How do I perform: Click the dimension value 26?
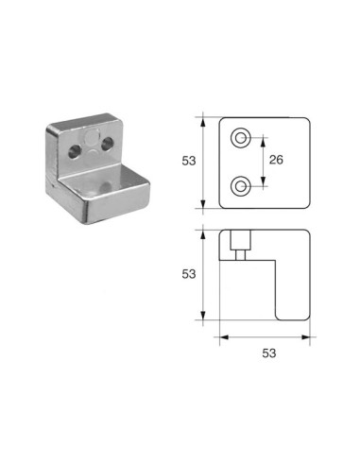click(276, 160)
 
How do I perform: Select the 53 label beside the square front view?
click(189, 161)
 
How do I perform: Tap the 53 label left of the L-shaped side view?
click(189, 274)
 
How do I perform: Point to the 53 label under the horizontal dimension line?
click(269, 353)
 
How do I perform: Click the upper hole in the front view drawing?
click(241, 138)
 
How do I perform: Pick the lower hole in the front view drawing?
click(241, 186)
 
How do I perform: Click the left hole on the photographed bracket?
click(75, 152)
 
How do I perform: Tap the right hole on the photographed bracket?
click(108, 144)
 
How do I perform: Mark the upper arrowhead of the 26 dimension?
click(264, 142)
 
